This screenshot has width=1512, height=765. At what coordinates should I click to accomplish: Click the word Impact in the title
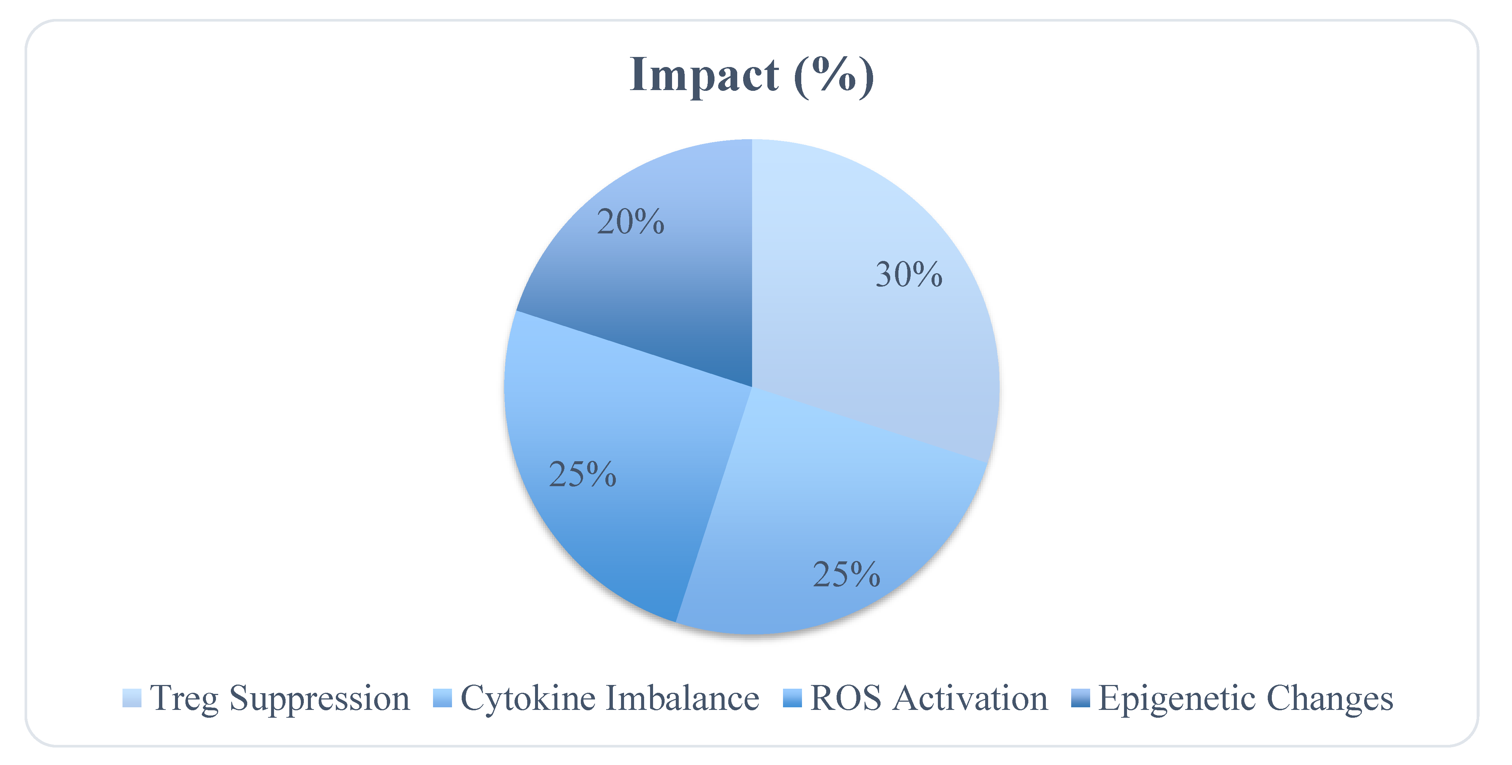pos(703,75)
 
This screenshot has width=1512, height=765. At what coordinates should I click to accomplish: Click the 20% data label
pos(630,222)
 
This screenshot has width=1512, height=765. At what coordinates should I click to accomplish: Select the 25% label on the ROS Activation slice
pos(582,474)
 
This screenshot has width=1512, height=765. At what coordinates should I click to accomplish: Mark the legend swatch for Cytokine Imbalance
pos(442,698)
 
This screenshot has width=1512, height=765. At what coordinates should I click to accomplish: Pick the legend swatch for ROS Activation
pos(792,698)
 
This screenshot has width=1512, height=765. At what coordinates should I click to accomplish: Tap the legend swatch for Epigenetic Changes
pos(1080,698)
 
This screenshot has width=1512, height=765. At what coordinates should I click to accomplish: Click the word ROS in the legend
pos(845,698)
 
